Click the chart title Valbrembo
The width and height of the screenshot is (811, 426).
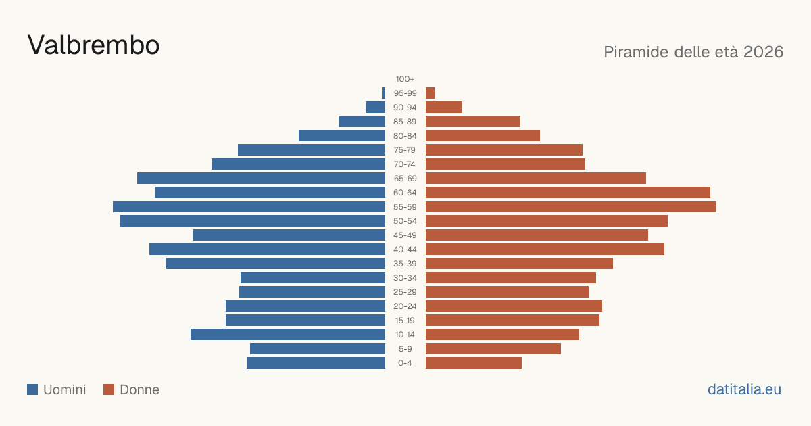pos(93,45)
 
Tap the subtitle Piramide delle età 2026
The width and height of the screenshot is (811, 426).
pos(693,52)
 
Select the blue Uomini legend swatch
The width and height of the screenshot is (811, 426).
pos(32,389)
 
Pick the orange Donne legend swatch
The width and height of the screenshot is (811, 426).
pos(109,389)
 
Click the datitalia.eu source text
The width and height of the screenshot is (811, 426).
pos(744,389)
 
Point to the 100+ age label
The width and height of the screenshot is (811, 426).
pos(405,79)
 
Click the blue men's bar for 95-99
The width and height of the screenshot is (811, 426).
pos(383,93)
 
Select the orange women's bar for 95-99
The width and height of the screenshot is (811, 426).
pos(431,93)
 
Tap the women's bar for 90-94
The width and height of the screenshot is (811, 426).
pos(444,108)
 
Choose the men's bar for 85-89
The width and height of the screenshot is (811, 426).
pos(362,121)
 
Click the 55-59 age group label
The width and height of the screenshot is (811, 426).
pos(405,207)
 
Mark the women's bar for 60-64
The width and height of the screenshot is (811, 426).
pos(568,192)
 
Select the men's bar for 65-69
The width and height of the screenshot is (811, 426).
pos(261,179)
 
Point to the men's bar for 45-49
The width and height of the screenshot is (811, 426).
pos(289,235)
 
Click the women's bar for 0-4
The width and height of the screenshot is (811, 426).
pos(474,363)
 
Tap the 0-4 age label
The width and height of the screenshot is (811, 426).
pos(405,363)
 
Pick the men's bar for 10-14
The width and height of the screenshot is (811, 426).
pos(288,334)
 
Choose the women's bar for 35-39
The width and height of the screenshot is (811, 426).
pos(519,263)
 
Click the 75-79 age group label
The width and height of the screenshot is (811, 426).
pos(405,150)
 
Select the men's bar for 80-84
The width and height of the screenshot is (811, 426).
pos(342,136)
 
